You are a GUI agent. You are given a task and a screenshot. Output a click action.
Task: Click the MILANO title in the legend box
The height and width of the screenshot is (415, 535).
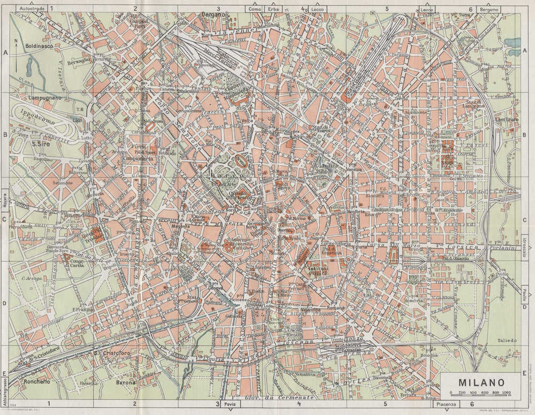[481, 382]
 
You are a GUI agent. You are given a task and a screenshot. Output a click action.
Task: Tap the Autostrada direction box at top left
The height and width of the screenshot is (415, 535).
[32, 9]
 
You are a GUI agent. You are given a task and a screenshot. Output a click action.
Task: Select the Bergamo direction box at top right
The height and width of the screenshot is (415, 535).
[488, 9]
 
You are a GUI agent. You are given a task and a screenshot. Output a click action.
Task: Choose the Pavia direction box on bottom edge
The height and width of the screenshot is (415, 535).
[230, 404]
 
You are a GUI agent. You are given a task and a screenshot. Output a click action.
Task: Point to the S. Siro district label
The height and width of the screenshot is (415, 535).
[40, 143]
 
